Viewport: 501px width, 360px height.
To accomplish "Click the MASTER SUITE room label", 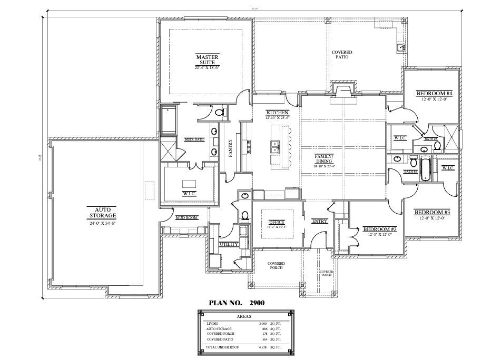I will point(207,59).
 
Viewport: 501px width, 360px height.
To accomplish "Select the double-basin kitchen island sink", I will point(275,147).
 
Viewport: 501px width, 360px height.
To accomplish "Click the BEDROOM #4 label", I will point(431,94).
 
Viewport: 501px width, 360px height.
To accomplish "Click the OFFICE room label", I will point(277,222).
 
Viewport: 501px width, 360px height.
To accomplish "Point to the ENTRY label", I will point(320,222).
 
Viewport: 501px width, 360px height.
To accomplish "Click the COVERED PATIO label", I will point(342,55).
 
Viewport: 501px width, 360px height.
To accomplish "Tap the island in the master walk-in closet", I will point(189,183).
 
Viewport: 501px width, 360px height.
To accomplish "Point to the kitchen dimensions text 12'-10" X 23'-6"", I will point(277,118).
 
